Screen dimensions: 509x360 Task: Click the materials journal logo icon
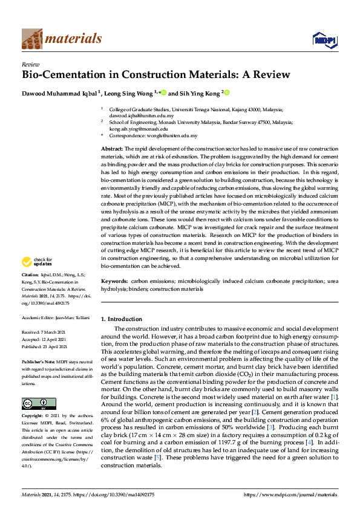32,38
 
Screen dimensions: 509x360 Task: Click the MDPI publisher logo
323,40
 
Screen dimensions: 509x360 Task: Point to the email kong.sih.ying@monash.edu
139,129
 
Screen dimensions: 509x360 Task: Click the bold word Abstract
112,149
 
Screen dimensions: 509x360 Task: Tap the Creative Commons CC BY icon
35,402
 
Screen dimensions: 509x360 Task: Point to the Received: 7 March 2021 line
47,333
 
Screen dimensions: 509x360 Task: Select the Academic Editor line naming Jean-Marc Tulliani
56,317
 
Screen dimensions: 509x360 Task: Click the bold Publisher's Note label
41,360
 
